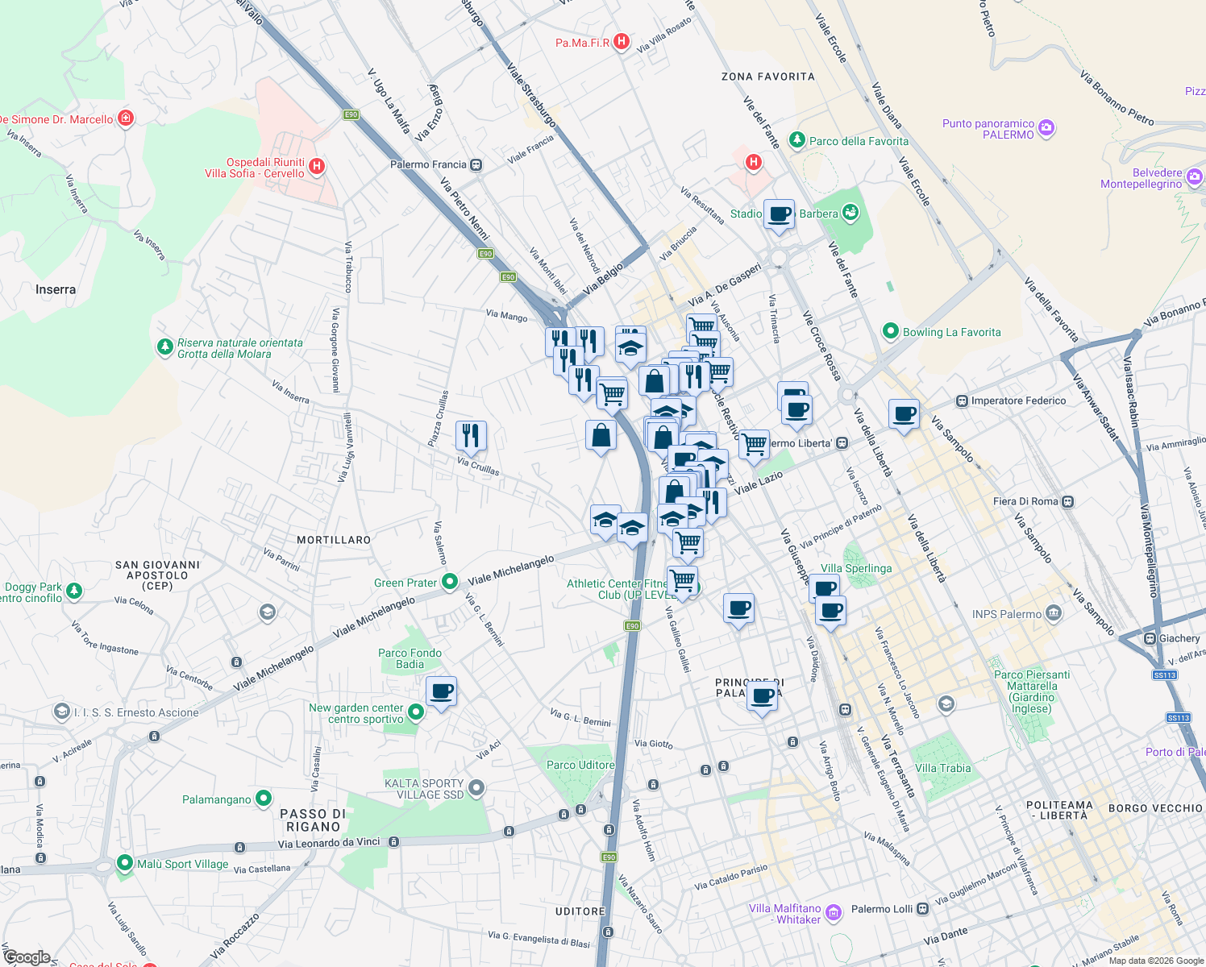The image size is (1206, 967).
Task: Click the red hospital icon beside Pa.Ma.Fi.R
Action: coord(621,41)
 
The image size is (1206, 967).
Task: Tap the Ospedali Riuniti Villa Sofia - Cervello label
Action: coord(255,168)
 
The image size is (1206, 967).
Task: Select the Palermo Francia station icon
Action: coord(476,165)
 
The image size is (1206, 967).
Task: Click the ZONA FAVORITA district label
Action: coord(767,77)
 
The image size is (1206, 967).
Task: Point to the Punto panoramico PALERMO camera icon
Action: coord(1046,128)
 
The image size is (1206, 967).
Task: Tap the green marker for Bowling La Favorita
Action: coord(891,331)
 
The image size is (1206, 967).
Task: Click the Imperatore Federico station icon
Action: coord(961,400)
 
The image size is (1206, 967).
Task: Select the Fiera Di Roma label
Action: coord(1025,501)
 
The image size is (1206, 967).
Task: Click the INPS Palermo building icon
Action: coord(1054,613)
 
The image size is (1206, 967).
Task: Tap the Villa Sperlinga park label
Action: coord(856,568)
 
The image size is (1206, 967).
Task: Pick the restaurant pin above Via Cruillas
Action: coord(471,436)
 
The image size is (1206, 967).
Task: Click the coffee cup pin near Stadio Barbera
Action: coord(779,214)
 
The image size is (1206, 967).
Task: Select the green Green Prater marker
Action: coord(450,581)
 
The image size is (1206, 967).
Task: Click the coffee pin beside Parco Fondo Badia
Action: coord(441,691)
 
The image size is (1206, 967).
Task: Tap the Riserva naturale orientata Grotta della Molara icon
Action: coord(165,347)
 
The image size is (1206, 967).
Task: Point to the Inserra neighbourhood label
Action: coord(56,289)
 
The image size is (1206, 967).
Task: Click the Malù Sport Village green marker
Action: coord(124,863)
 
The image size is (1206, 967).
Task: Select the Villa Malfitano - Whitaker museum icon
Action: coord(834,913)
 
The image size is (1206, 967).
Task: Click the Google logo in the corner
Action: coord(27,957)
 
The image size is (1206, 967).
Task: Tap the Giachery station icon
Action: coord(1150,638)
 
